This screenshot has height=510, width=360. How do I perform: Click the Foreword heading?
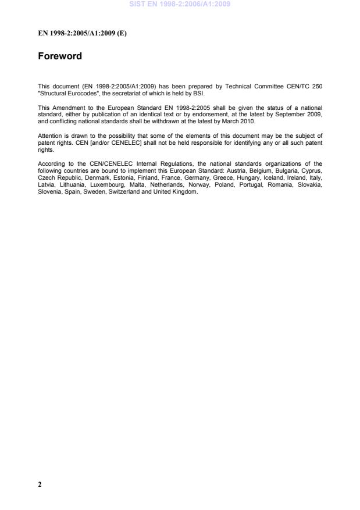[x=60, y=56]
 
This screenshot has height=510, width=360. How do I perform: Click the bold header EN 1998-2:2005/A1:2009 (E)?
[x=82, y=33]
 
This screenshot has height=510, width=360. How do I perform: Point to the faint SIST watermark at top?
[x=180, y=4]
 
